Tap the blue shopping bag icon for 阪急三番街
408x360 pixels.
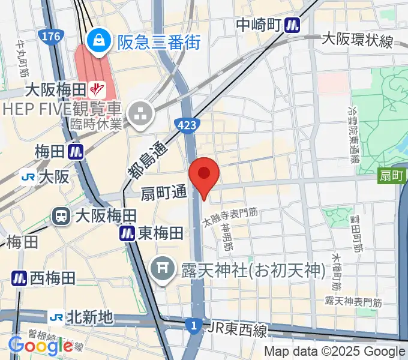pos(96,41)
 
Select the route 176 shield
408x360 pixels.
pos(51,37)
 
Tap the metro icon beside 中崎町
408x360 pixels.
pos(292,25)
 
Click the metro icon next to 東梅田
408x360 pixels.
pos(127,233)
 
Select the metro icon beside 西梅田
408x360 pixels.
pos(19,278)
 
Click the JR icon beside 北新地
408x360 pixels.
pos(57,316)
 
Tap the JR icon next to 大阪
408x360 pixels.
pos(27,176)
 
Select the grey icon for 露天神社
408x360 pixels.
pos(163,264)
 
